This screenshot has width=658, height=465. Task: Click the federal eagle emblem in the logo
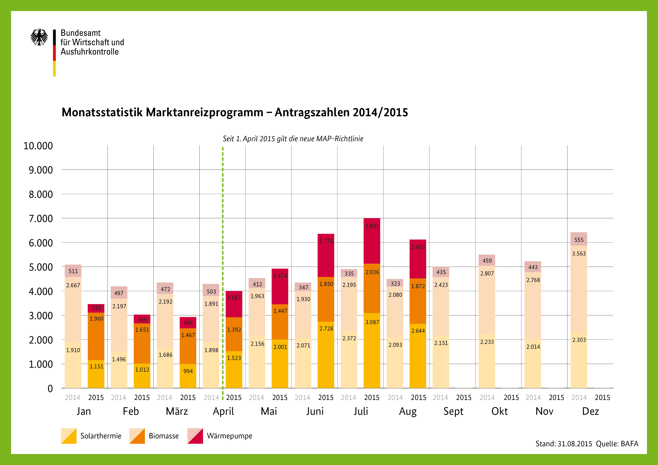pyautogui.click(x=39, y=37)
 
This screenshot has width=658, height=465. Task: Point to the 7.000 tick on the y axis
pyautogui.click(x=41, y=219)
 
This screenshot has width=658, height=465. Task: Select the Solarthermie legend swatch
pyautogui.click(x=69, y=436)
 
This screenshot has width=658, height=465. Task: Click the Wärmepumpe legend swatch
pyautogui.click(x=195, y=436)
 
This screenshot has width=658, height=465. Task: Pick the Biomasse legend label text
pyautogui.click(x=164, y=436)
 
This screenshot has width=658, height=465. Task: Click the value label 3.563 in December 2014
pyautogui.click(x=579, y=253)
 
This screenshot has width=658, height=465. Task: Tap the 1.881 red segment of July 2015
pyautogui.click(x=372, y=241)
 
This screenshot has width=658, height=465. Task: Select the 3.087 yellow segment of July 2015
pyautogui.click(x=372, y=350)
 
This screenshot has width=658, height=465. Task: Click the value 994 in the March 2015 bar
pyautogui.click(x=188, y=371)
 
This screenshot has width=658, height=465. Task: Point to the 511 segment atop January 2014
pyautogui.click(x=73, y=271)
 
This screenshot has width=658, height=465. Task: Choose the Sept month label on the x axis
pyautogui.click(x=453, y=411)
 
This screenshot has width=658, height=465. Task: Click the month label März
pyautogui.click(x=177, y=411)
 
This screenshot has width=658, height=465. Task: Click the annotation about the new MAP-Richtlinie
pyautogui.click(x=293, y=139)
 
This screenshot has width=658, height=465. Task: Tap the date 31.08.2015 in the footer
pyautogui.click(x=575, y=444)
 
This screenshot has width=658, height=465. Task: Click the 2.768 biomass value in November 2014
pyautogui.click(x=533, y=280)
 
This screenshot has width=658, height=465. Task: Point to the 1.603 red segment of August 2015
pyautogui.click(x=418, y=259)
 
